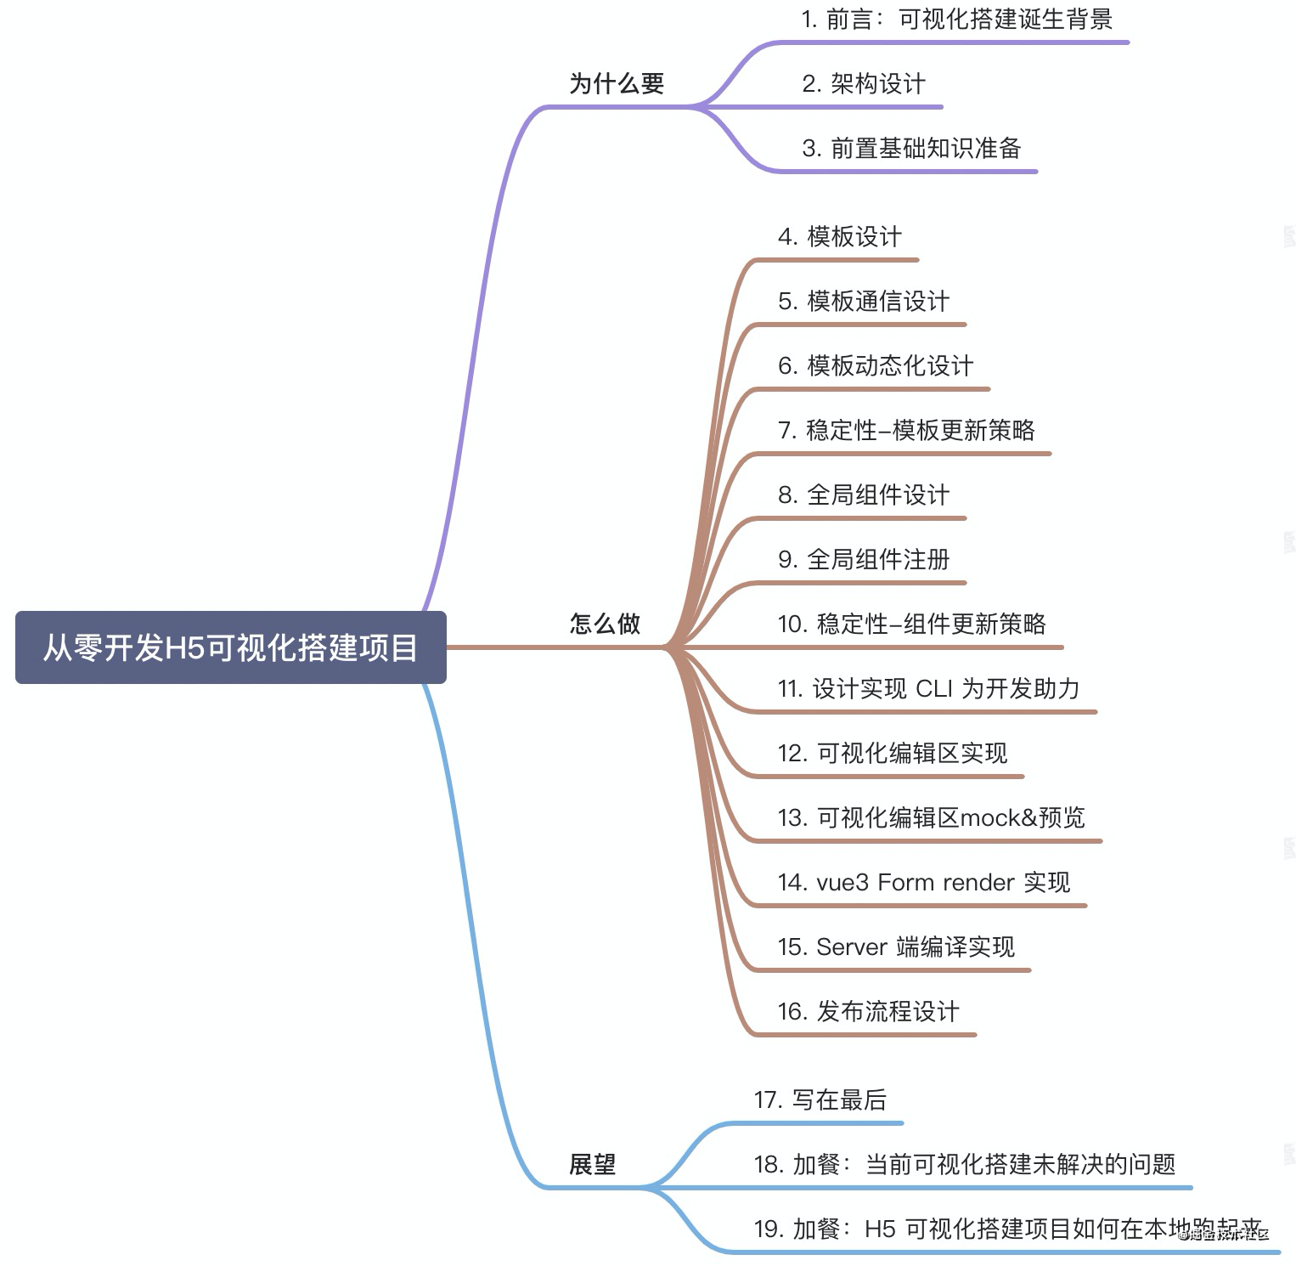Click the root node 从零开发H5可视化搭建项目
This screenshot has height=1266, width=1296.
(x=230, y=647)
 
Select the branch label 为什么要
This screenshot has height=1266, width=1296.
(x=617, y=83)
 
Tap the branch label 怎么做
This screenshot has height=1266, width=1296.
(x=605, y=624)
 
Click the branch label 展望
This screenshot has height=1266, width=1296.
(x=593, y=1164)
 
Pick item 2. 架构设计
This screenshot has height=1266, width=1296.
(x=863, y=83)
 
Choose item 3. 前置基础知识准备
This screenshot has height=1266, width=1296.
(x=910, y=148)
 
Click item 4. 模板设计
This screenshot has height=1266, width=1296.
(x=839, y=236)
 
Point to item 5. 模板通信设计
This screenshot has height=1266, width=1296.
(x=863, y=301)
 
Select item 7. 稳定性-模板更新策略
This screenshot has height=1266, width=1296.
(x=906, y=430)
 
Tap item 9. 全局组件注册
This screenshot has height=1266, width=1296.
(x=863, y=559)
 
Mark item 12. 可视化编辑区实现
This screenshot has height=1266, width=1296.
(x=892, y=753)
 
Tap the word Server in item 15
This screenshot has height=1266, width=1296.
(x=851, y=947)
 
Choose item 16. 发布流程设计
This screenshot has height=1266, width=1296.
(x=868, y=1011)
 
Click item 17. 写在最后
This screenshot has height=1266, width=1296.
(x=820, y=1099)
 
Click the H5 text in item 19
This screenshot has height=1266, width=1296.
(x=880, y=1229)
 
